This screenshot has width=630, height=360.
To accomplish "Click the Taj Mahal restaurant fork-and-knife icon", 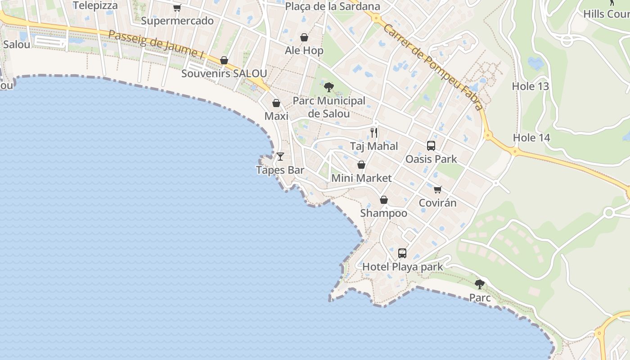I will click(x=373, y=133).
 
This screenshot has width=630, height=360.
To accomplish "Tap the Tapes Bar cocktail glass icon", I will click(x=280, y=157).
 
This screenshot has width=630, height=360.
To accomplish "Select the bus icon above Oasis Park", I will click(x=431, y=146).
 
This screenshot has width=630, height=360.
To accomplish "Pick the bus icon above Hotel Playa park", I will click(x=402, y=253).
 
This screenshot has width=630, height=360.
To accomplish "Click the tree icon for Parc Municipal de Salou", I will click(x=329, y=87).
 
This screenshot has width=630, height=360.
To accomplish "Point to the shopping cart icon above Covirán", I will click(x=437, y=189).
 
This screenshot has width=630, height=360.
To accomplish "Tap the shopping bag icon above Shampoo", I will click(x=383, y=200).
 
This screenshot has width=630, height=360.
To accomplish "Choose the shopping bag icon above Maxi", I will click(x=276, y=103).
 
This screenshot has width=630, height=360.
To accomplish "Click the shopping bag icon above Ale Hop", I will click(x=304, y=37).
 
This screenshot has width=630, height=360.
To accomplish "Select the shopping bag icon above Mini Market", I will click(x=361, y=165).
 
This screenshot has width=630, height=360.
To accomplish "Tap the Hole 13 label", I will click(x=531, y=86).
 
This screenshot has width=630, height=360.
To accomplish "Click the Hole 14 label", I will click(x=531, y=138).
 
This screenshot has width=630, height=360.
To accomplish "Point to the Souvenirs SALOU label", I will click(x=224, y=73).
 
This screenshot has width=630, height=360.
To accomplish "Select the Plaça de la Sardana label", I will click(x=333, y=6).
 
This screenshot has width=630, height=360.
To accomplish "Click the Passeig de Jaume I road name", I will click(x=156, y=44).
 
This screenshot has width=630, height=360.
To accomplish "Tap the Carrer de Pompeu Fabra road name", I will click(x=432, y=67).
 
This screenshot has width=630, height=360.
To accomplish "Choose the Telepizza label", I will click(x=95, y=5).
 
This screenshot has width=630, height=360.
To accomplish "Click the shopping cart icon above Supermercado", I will click(x=177, y=8).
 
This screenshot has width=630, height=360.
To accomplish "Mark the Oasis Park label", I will click(x=431, y=159).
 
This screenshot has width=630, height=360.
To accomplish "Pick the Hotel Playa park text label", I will click(x=402, y=267).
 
